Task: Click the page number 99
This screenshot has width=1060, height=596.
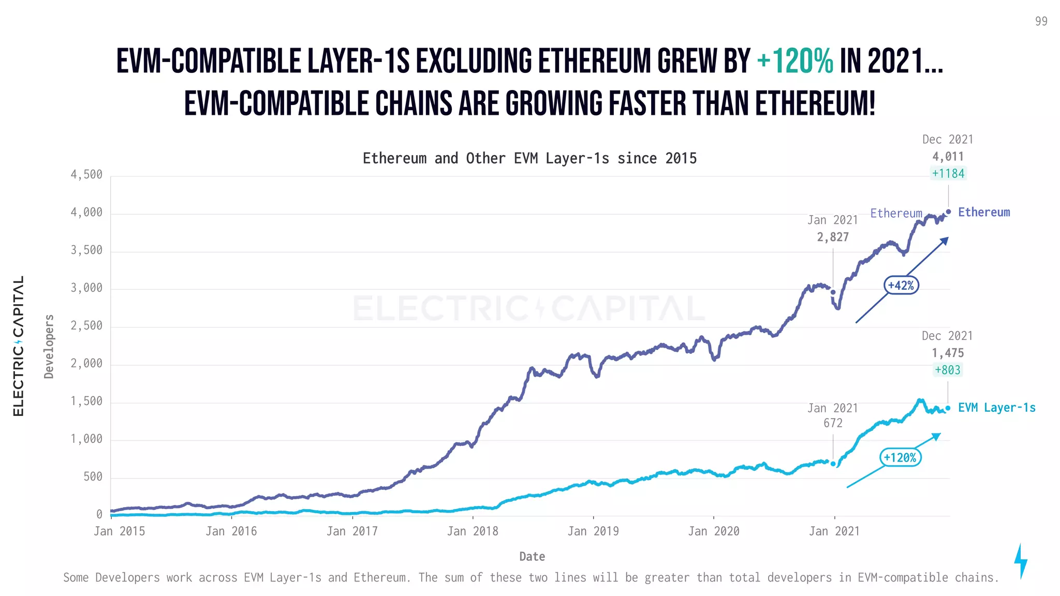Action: (1041, 21)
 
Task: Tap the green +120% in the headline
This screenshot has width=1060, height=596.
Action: (794, 62)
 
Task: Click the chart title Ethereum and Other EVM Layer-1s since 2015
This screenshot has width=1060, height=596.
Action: (529, 158)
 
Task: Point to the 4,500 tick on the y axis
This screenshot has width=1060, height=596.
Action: (86, 175)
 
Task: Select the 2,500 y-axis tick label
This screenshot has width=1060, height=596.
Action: (86, 326)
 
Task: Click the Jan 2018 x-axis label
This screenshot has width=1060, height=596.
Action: (473, 531)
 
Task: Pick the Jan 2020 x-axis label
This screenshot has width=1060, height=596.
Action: (714, 531)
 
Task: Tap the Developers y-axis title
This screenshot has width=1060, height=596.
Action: (49, 346)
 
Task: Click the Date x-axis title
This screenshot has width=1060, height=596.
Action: (532, 557)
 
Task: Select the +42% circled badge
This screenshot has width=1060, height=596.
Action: (901, 286)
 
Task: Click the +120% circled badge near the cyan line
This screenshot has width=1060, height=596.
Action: (900, 458)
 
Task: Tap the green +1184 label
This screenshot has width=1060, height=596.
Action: (948, 174)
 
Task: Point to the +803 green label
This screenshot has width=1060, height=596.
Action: (948, 370)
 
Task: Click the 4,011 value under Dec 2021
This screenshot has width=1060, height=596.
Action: (948, 157)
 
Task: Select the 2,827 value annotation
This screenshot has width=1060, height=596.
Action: (833, 237)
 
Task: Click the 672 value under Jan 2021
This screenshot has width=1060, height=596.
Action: (833, 423)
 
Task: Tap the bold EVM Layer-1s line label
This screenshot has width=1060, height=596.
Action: (996, 408)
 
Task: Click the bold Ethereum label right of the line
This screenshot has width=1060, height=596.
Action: (983, 213)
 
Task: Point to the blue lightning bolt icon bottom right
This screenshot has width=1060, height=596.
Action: (1021, 561)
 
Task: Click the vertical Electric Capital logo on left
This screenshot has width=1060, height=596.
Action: (19, 346)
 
